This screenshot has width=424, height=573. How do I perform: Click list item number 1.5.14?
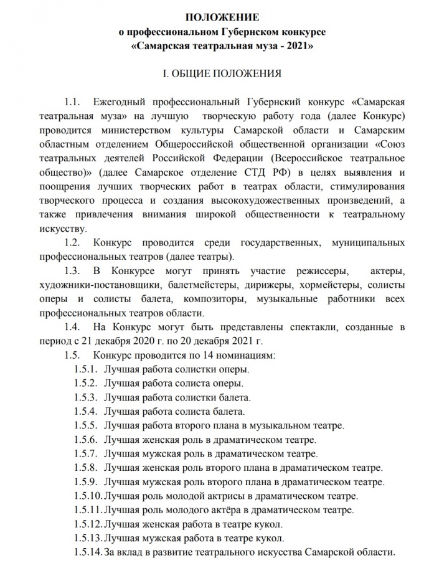(88, 552)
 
